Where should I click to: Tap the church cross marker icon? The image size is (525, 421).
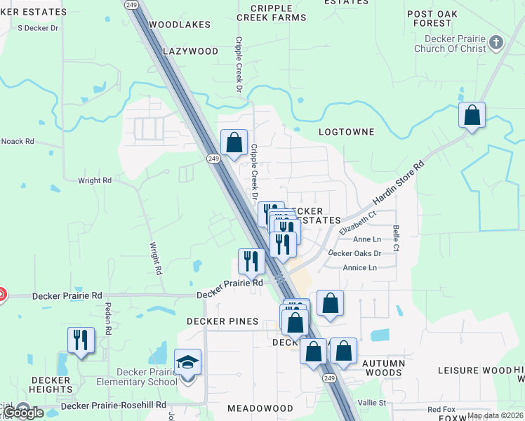(x=496, y=43)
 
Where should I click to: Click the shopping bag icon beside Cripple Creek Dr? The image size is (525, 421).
(x=234, y=142)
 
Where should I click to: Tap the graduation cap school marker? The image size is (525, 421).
(x=187, y=362)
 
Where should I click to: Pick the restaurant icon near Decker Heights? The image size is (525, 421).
(x=81, y=340)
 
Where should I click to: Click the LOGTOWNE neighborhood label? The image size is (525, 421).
(x=347, y=132)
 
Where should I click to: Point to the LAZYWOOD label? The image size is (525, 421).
(x=191, y=51)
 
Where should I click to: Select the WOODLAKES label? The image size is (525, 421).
(x=180, y=25)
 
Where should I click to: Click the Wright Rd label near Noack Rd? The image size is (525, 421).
(x=95, y=180)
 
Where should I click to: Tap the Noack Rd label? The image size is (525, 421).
(x=18, y=141)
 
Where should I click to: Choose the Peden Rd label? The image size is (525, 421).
(x=109, y=319)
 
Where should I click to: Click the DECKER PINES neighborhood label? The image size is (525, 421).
(x=222, y=321)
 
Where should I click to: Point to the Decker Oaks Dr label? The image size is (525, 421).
(x=354, y=253)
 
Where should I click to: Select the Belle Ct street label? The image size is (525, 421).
(x=397, y=239)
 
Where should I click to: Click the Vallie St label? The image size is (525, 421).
(x=373, y=403)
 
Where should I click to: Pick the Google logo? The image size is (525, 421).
(x=22, y=413)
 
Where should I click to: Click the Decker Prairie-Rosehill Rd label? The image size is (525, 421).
(x=114, y=406)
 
